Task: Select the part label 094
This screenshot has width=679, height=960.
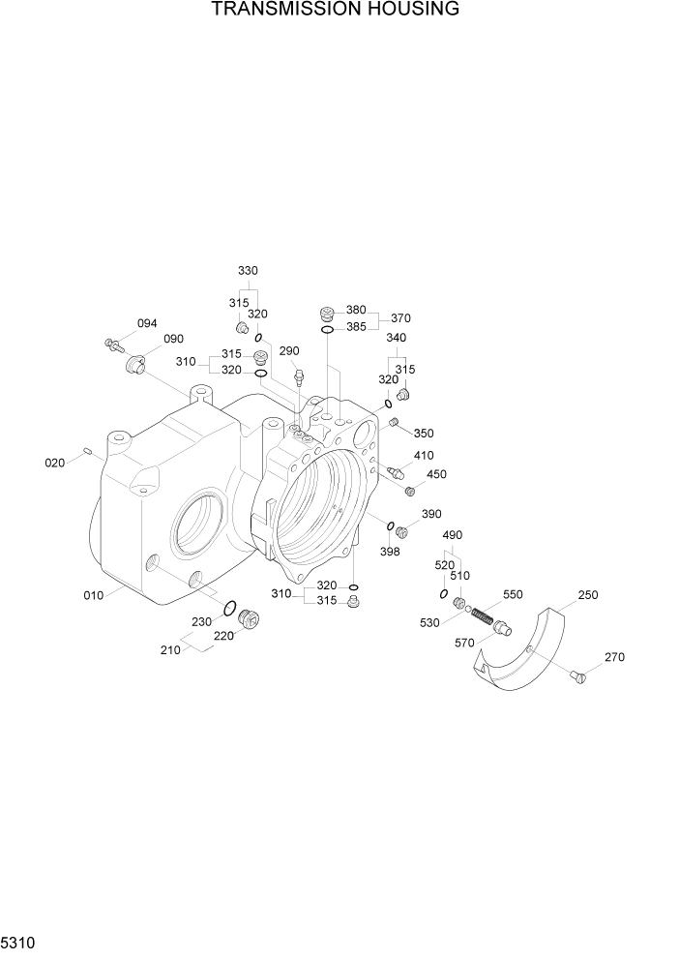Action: tap(146, 323)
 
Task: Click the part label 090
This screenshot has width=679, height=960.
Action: tap(173, 339)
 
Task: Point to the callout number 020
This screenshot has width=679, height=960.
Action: tap(55, 463)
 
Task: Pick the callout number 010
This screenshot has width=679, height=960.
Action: tap(93, 595)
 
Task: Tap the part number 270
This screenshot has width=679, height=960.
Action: tap(614, 657)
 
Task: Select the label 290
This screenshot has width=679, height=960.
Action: tap(288, 350)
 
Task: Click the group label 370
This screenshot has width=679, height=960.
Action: tap(400, 318)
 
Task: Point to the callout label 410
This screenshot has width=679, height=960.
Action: tap(424, 456)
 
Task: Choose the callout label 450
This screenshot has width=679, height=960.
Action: tap(436, 474)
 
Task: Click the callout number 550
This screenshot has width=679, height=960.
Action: tap(512, 593)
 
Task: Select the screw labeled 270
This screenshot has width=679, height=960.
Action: tap(579, 676)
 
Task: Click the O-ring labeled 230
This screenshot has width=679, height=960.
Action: tap(231, 609)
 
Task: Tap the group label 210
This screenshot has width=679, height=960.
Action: tap(170, 650)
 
